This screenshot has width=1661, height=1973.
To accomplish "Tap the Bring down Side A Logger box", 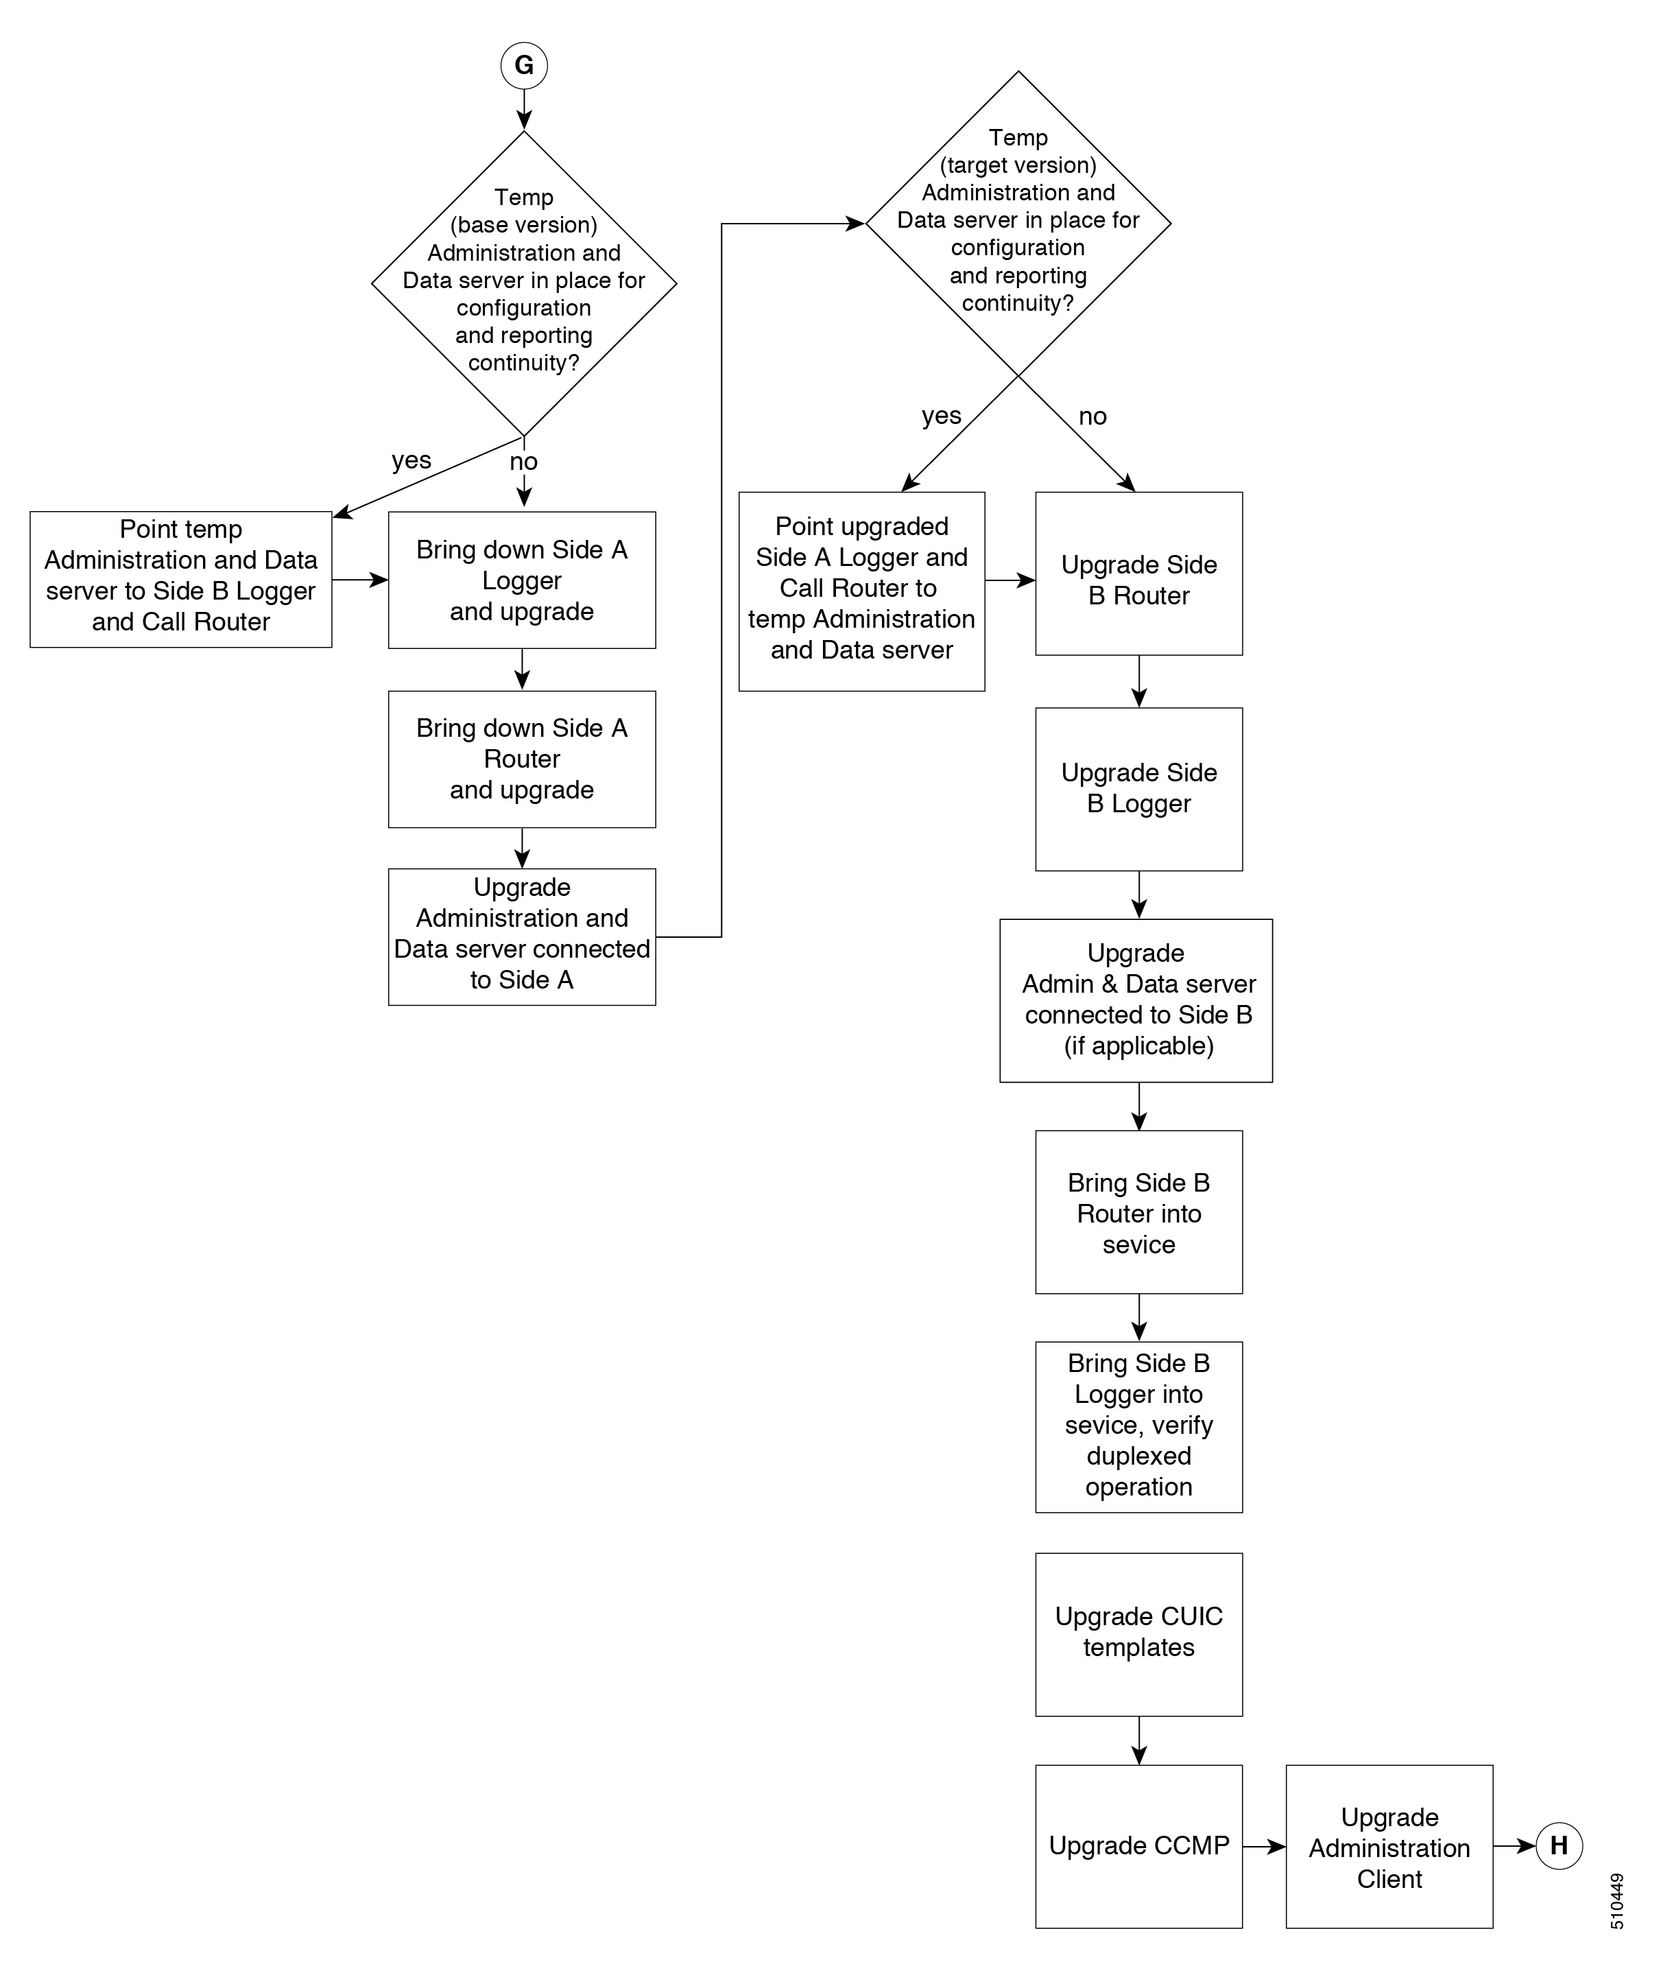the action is coord(522,580).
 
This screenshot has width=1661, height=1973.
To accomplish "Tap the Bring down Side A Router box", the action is coord(522,759).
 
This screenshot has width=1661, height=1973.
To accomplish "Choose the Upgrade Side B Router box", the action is coord(1138,574).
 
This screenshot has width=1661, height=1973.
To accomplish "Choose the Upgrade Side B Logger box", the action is coord(1138,789).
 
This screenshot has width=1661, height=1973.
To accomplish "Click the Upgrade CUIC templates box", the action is coord(1138,1634).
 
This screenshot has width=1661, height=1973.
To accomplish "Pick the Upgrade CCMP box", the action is coord(1138,1846).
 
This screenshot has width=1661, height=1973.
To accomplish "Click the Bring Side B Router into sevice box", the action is coord(1138,1212).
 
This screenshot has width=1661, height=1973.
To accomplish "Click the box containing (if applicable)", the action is coord(1136,1000).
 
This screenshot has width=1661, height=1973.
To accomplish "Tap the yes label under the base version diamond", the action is coord(411,460).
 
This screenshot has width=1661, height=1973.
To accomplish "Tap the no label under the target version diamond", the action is coord(1092,416).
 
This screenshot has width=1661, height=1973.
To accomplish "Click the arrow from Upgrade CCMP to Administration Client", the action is coord(1265,1846).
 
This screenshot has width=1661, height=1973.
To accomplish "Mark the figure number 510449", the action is coord(1616,1900).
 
